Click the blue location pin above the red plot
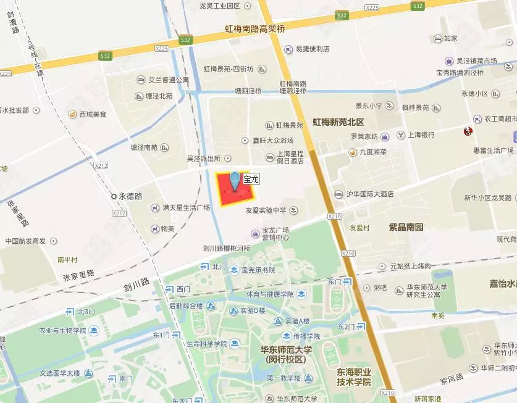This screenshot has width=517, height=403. (x=235, y=180)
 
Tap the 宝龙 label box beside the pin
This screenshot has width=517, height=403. (x=250, y=180)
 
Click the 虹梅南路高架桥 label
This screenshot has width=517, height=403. (x=254, y=29)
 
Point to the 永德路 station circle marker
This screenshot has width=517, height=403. (x=114, y=196)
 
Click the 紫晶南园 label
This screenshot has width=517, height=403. (x=406, y=227)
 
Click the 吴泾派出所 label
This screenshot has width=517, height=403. (x=204, y=158)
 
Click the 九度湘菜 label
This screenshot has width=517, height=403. (x=374, y=152)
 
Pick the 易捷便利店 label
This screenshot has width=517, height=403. (x=312, y=49)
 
